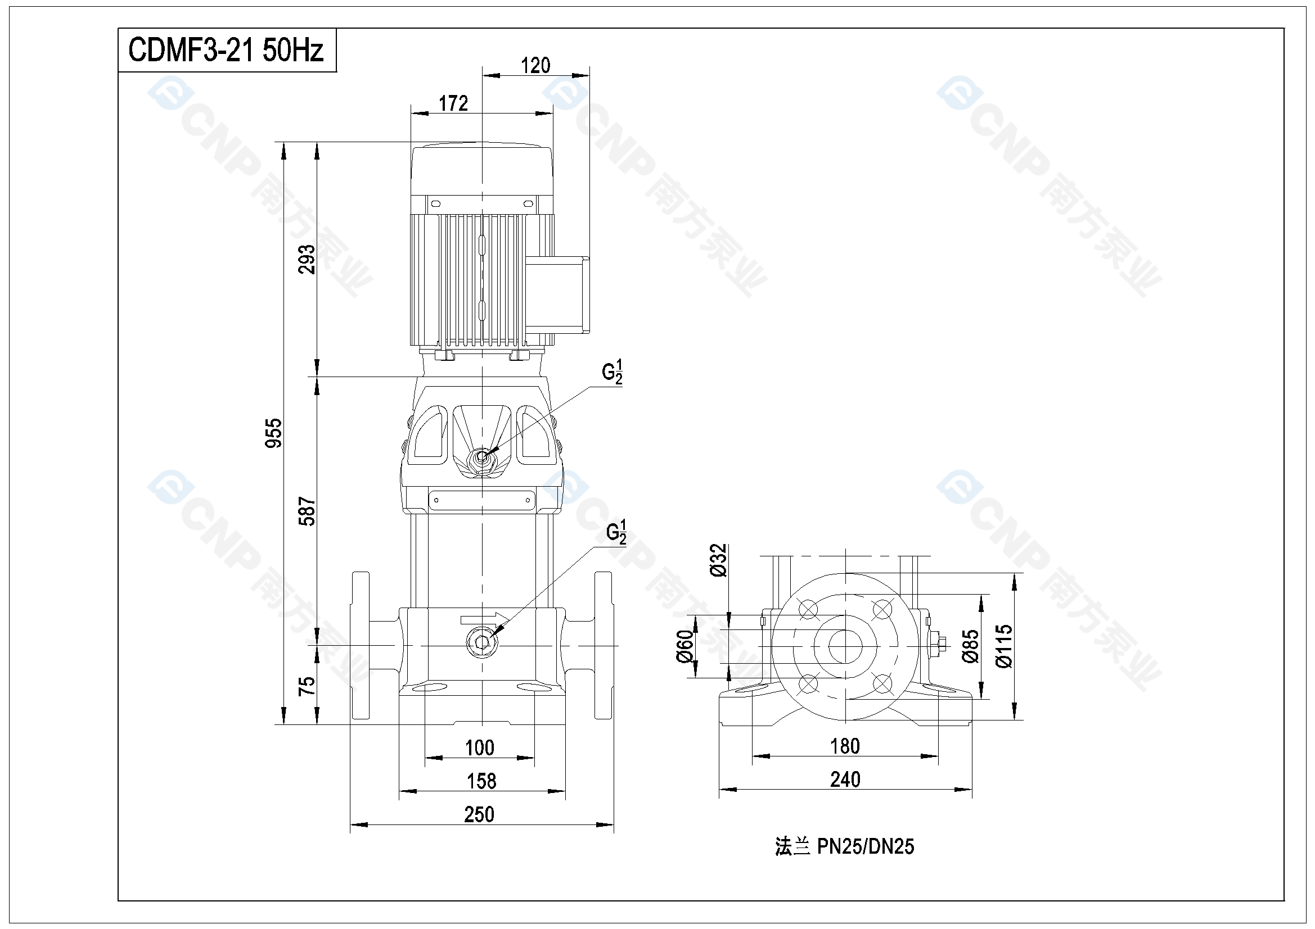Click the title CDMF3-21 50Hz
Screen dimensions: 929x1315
pyautogui.click(x=226, y=50)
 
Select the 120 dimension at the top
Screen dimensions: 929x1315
pyautogui.click(x=535, y=66)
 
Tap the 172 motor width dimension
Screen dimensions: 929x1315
pyautogui.click(x=453, y=103)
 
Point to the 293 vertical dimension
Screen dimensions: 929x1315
pyautogui.click(x=307, y=259)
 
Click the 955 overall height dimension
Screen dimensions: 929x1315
pyautogui.click(x=274, y=433)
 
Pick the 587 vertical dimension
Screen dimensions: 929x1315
pyautogui.click(x=307, y=511)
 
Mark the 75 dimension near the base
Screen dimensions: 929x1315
pyautogui.click(x=307, y=686)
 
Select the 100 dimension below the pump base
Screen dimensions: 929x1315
pyautogui.click(x=479, y=748)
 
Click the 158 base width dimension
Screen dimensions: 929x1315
pyautogui.click(x=481, y=781)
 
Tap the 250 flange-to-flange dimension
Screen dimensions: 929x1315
pyautogui.click(x=479, y=814)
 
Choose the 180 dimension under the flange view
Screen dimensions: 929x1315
pyautogui.click(x=845, y=746)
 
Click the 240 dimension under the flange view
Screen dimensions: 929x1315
pyautogui.click(x=845, y=780)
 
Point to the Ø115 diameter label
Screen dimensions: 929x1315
pyautogui.click(x=1004, y=646)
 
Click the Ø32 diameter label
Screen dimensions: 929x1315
pyautogui.click(x=718, y=560)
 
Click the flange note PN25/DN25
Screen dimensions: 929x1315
pyautogui.click(x=845, y=846)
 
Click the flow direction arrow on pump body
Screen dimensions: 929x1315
pyautogui.click(x=484, y=619)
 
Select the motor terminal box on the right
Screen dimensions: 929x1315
pyautogui.click(x=557, y=295)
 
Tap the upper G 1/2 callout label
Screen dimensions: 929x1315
pyautogui.click(x=612, y=372)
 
